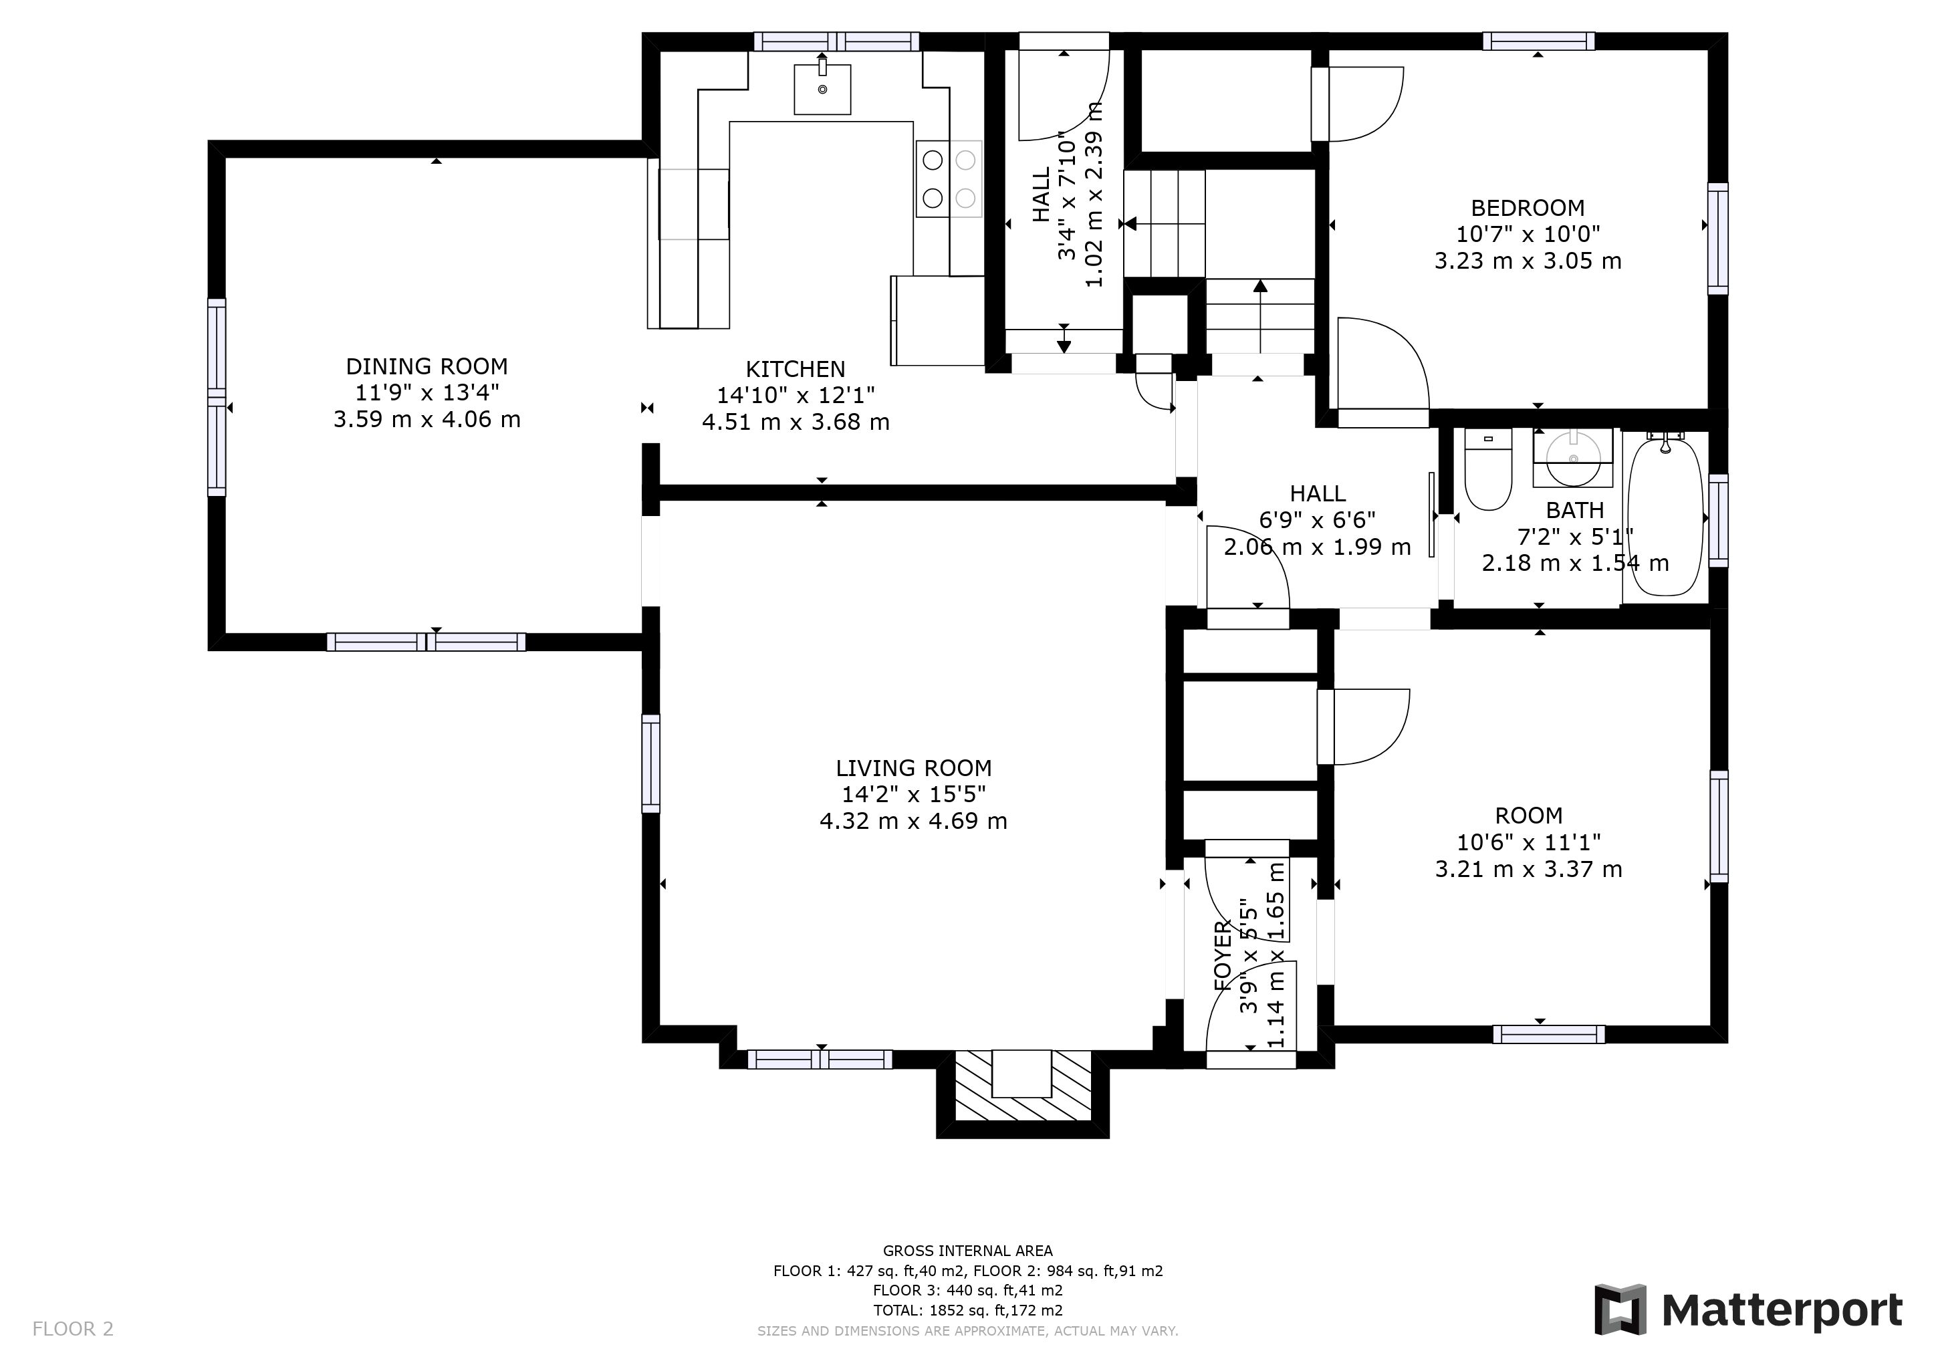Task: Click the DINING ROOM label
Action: (x=427, y=367)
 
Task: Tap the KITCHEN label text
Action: (x=795, y=369)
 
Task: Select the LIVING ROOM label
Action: (x=913, y=768)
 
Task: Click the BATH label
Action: (x=1574, y=510)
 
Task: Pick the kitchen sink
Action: (x=822, y=88)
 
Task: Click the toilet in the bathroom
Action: (x=1487, y=469)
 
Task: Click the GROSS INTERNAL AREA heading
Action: (x=968, y=1251)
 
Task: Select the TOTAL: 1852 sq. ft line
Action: (x=968, y=1310)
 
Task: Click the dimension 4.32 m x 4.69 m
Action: (x=913, y=821)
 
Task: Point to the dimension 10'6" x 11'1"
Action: (x=1529, y=842)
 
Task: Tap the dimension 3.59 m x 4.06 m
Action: (x=427, y=420)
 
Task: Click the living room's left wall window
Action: (x=651, y=764)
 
